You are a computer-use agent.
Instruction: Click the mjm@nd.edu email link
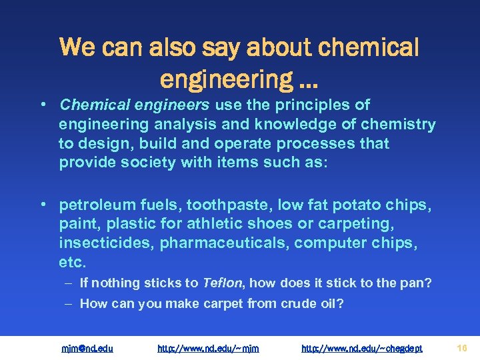[x=87, y=348]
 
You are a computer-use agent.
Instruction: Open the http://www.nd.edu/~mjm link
[x=208, y=348]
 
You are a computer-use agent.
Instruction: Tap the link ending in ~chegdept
[x=362, y=348]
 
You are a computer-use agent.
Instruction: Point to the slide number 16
[x=462, y=347]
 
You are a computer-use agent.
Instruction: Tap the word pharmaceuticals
[x=223, y=243]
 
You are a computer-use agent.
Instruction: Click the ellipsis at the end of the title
[x=309, y=80]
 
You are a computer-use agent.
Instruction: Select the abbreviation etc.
[x=72, y=263]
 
